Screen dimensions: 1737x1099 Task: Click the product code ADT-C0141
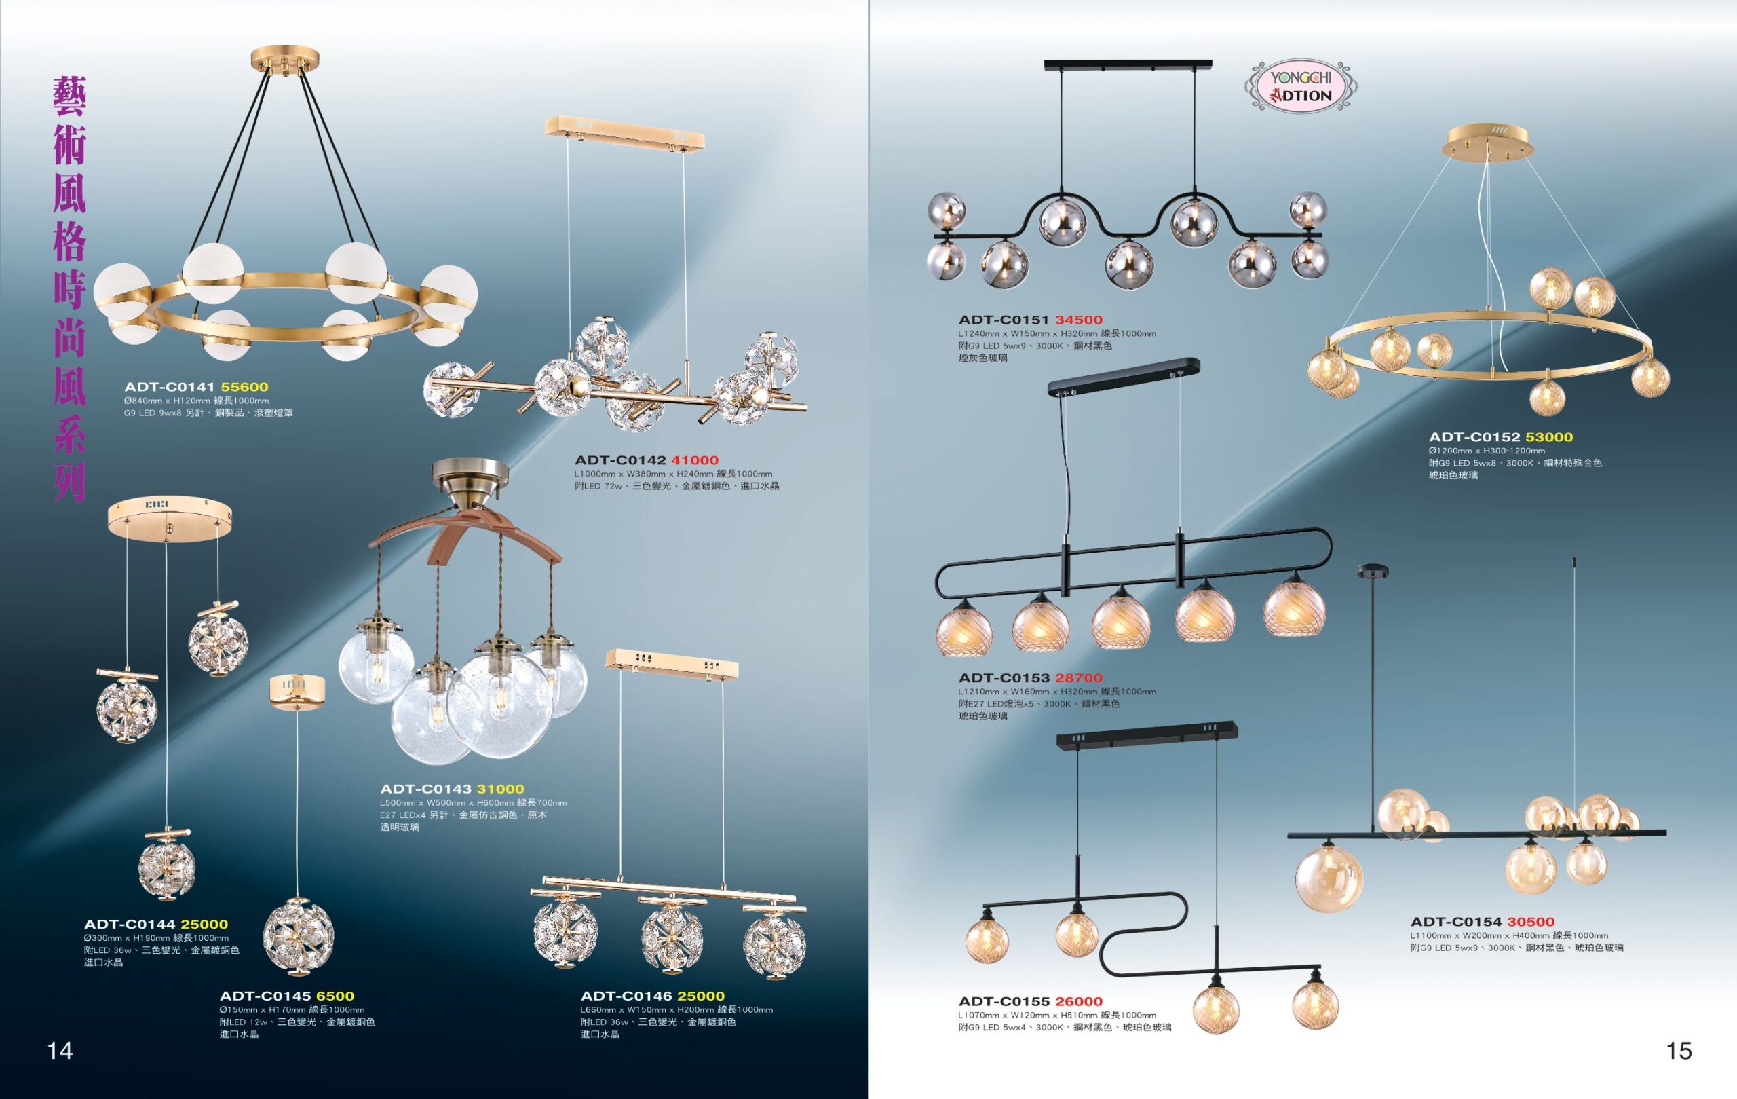tap(170, 387)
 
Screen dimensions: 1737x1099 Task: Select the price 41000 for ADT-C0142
tap(695, 460)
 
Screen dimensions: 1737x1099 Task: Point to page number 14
tap(60, 1051)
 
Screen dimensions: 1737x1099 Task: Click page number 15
tap(1679, 1051)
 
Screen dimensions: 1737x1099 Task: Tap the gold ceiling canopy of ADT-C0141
tap(284, 59)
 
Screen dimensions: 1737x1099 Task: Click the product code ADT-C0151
tap(1004, 320)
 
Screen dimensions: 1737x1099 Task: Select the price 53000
tap(1549, 436)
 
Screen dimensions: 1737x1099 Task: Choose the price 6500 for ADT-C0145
tap(335, 996)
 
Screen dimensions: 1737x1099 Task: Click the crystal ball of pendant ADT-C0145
tap(298, 936)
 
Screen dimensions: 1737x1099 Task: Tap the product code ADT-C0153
tap(1004, 677)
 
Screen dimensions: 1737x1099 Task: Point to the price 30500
tap(1531, 921)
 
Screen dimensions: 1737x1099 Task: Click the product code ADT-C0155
tap(1004, 1001)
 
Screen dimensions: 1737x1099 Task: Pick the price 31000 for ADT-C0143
tap(501, 789)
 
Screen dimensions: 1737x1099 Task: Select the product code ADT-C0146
tap(626, 996)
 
